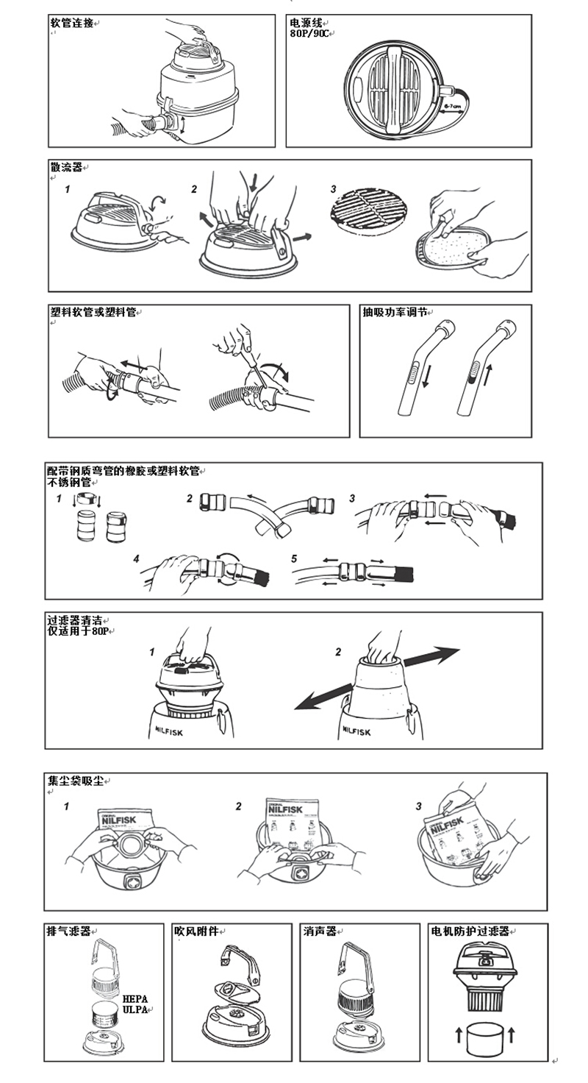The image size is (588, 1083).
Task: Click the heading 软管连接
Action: [71, 23]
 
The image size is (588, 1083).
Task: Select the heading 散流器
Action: [65, 168]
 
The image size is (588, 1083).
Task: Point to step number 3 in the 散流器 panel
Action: [333, 190]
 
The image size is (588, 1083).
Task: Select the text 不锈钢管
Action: [68, 483]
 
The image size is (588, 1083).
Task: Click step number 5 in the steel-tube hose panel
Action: [294, 559]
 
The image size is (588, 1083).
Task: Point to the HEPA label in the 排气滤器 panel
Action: [135, 998]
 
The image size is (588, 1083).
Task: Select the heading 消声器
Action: [319, 931]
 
